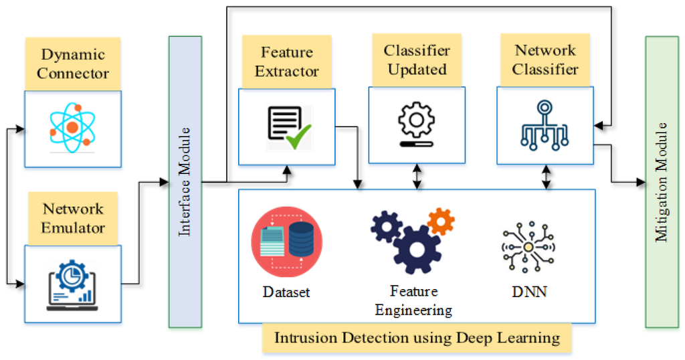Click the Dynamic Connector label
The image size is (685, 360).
point(73,64)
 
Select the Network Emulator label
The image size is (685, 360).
point(73,218)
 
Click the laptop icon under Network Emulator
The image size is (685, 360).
point(73,285)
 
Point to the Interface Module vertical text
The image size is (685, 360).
point(185,181)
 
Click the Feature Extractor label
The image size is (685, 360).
point(286,61)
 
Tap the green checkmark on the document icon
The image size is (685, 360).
point(296,139)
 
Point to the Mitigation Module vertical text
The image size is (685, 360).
point(662,181)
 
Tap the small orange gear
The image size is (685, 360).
point(441,221)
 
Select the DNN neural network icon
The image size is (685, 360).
point(528,248)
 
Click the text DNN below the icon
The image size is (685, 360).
point(528,292)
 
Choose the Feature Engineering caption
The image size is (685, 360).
point(413,300)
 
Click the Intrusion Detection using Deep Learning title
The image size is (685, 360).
point(417,337)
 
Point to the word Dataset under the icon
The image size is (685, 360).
point(286,292)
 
